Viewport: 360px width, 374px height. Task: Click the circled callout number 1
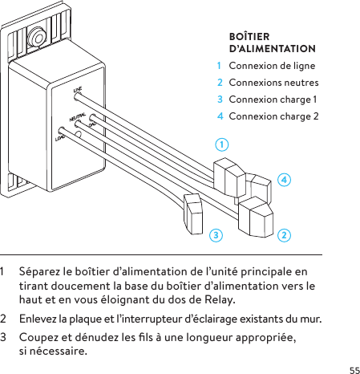[x=221, y=145]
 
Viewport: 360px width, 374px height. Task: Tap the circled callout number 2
[x=284, y=235]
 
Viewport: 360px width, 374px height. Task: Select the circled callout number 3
[x=214, y=235]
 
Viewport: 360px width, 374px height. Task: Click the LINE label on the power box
[x=78, y=90]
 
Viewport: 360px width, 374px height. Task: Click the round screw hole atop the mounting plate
[x=36, y=37]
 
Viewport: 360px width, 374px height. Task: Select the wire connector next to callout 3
[x=194, y=213]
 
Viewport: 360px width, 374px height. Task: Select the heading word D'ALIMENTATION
[x=272, y=50]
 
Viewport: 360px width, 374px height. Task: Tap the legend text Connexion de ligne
[x=272, y=66]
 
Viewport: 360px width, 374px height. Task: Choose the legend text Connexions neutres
[x=273, y=83]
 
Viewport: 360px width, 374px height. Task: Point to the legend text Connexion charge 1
[x=273, y=100]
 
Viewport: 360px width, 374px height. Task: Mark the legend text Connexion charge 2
[x=273, y=116]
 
